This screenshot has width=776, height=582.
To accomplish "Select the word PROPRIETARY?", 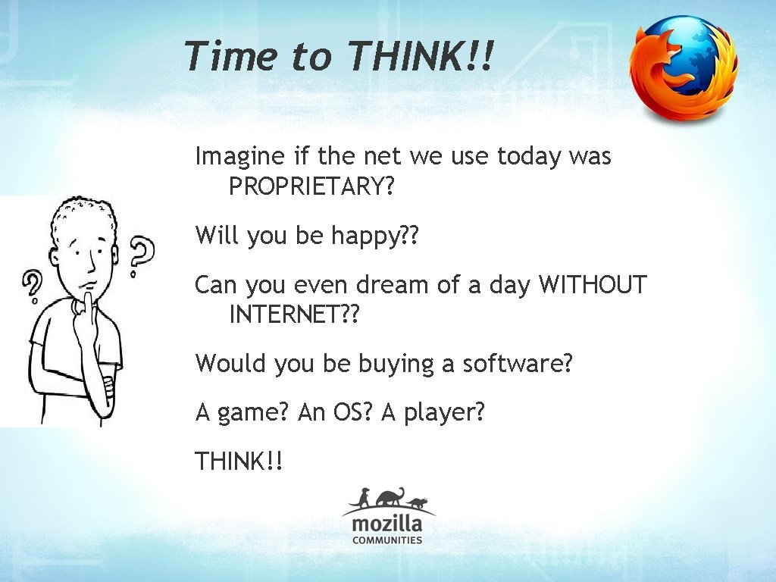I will pyautogui.click(x=311, y=186).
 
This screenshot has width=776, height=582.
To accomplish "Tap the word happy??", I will pyautogui.click(x=375, y=236).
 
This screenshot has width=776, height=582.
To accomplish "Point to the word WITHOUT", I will pyautogui.click(x=593, y=286).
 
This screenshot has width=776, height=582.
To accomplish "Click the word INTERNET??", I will pyautogui.click(x=293, y=313).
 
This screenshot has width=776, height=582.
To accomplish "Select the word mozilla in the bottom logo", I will pyautogui.click(x=387, y=524).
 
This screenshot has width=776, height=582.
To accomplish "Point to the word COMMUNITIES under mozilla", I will pyautogui.click(x=387, y=540).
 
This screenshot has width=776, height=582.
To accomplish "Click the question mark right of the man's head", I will pyautogui.click(x=139, y=255).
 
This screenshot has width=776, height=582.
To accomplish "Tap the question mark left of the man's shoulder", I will pyautogui.click(x=33, y=289).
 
